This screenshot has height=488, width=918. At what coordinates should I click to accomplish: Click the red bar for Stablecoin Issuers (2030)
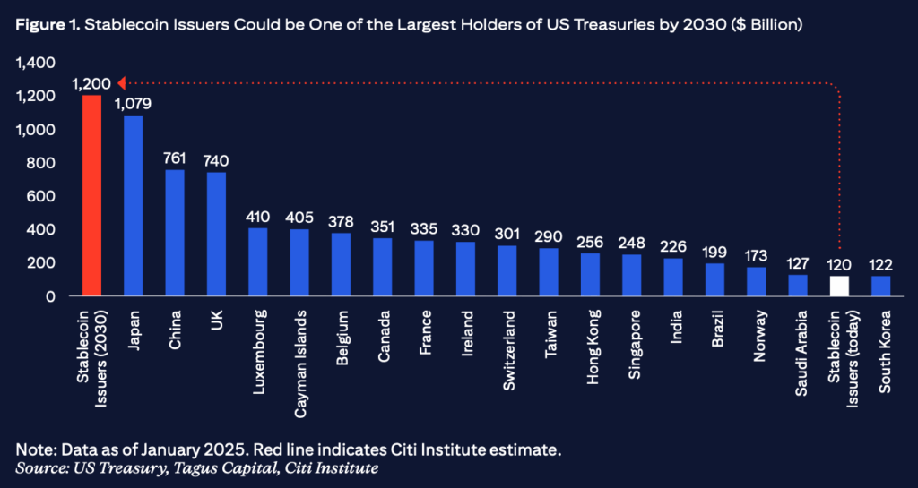[x=91, y=195]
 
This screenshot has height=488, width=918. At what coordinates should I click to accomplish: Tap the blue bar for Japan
[x=133, y=205]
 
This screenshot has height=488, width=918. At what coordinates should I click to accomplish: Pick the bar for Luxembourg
[x=257, y=261]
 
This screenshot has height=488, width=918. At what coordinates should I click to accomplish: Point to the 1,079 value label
[x=133, y=104]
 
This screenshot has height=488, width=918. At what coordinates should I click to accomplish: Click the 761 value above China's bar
[x=175, y=158]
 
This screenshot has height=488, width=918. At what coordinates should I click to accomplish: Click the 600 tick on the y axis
[x=39, y=196]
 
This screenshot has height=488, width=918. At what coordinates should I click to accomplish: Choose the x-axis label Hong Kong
[x=591, y=348]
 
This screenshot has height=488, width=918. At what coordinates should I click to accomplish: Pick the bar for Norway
[x=756, y=281]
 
